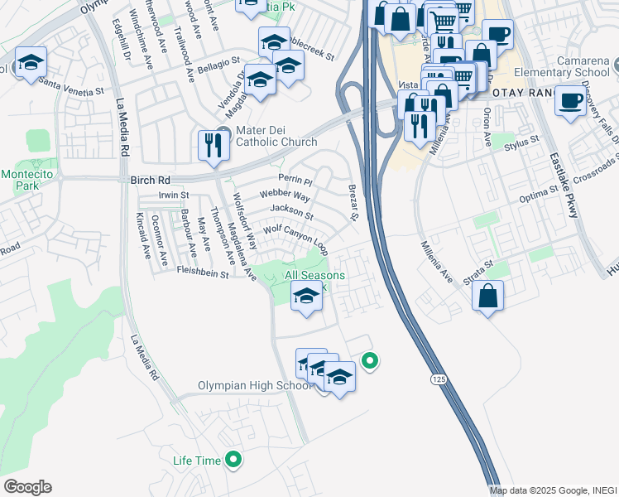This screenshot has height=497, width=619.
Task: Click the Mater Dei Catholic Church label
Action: point(276,136)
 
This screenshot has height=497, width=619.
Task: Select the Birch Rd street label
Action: point(150,180)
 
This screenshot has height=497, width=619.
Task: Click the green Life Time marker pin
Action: point(234,459)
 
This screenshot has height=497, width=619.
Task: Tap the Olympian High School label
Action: point(255,386)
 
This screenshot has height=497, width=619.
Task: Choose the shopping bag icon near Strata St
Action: point(489,296)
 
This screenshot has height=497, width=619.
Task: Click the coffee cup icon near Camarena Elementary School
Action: point(570,101)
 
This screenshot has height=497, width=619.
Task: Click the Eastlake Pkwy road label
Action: point(563,186)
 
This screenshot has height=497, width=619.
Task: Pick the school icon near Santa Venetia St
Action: point(31,63)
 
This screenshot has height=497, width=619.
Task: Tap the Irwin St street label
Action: point(174,195)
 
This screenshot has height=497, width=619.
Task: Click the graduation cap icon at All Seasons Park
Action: point(306,296)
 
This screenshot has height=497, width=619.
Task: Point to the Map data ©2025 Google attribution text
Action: point(553,490)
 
